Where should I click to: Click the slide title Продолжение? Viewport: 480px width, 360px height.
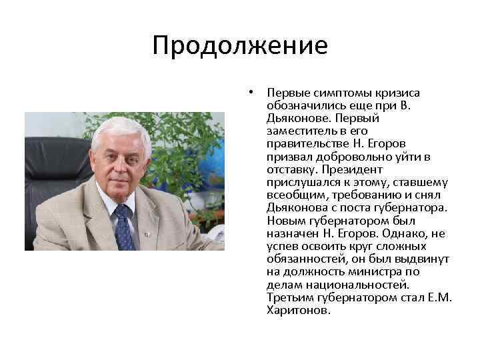pos(240,46)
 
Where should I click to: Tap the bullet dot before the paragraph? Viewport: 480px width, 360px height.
pos(251,93)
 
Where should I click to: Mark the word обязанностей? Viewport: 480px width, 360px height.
pos(303,258)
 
